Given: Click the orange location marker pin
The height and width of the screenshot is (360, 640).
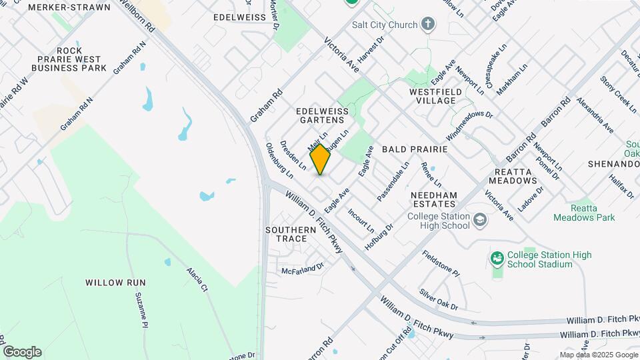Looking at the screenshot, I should pyautogui.click(x=320, y=159).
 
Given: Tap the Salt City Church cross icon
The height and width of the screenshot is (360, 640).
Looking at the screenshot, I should pyautogui.click(x=428, y=25).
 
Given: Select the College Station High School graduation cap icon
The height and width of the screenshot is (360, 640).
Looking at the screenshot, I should pyautogui.click(x=479, y=220).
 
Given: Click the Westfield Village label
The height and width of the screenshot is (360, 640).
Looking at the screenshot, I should pyautogui.click(x=433, y=96).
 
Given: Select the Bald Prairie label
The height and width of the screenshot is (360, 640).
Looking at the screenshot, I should pyautogui.click(x=414, y=151).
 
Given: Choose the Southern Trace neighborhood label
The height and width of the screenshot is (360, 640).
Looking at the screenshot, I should pyautogui.click(x=291, y=234).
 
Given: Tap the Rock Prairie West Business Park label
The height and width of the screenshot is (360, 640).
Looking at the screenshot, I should pyautogui.click(x=69, y=59).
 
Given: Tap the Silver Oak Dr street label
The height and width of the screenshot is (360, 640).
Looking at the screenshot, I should pyautogui.click(x=439, y=299).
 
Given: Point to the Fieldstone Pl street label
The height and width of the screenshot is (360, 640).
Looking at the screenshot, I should pyautogui.click(x=441, y=263).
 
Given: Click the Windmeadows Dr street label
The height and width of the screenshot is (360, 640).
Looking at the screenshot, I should pyautogui.click(x=469, y=125).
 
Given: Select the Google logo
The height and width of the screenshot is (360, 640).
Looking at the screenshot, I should pyautogui.click(x=22, y=352).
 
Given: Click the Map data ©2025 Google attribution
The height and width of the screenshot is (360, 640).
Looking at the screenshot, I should pyautogui.click(x=599, y=355).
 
